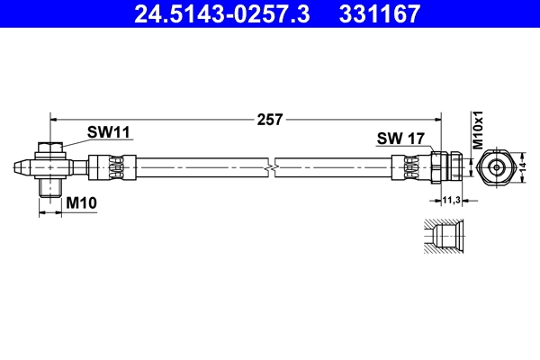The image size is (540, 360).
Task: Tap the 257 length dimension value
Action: point(270,119)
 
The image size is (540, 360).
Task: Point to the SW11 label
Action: point(109,132)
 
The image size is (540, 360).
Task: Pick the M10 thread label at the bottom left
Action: point(82,204)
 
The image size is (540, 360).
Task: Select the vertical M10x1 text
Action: point(480,131)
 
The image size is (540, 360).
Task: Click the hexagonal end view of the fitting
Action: point(496,167)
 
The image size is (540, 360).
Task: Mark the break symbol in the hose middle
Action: point(270,167)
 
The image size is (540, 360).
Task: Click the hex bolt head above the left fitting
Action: point(50,148)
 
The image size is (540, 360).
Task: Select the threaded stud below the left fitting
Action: point(50,188)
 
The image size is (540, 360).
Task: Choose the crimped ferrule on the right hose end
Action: point(409,167)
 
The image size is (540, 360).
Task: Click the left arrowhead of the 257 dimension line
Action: point(54,118)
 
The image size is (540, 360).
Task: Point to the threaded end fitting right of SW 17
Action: point(446,167)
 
